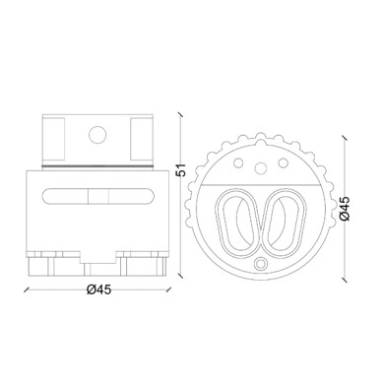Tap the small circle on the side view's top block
(x=97, y=134)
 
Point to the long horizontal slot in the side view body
(x=97, y=195)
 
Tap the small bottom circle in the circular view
(x=261, y=264)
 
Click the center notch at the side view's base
(x=97, y=267)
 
